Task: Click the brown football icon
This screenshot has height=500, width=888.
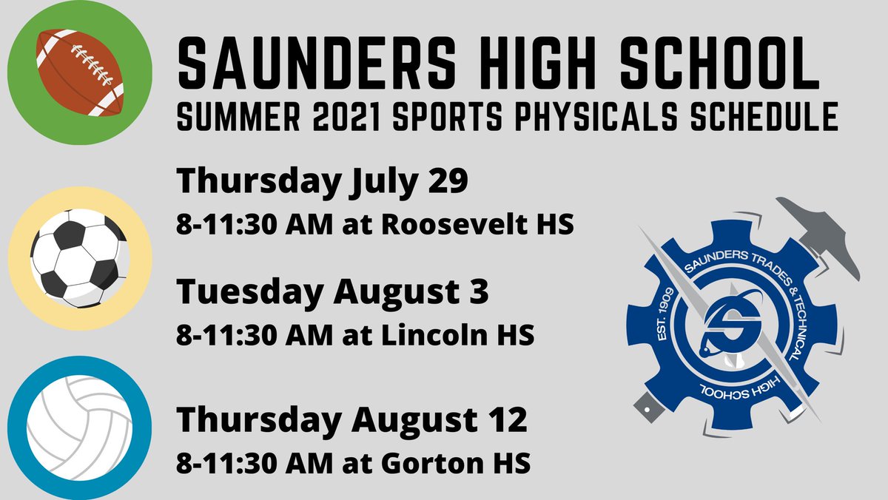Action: pyautogui.click(x=79, y=72)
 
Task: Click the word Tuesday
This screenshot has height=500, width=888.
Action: pyautogui.click(x=248, y=293)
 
